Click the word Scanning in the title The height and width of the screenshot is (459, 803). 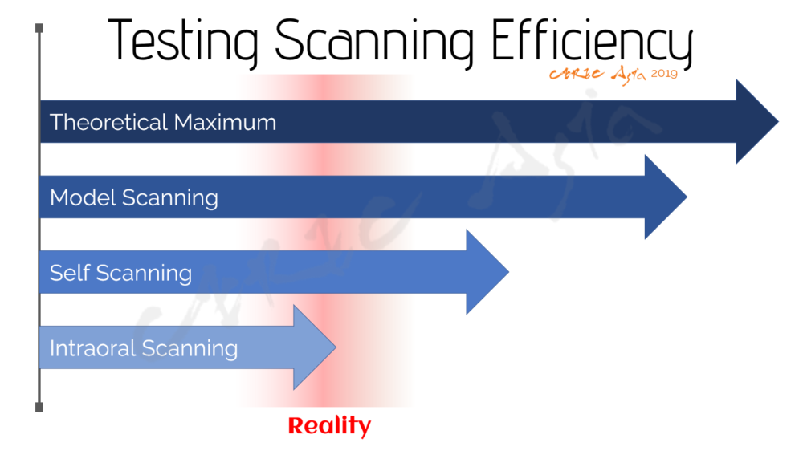[x=374, y=42]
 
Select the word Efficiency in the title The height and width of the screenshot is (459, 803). [x=592, y=42]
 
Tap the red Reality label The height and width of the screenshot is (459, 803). [x=329, y=426]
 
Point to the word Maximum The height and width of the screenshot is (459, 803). [x=225, y=122]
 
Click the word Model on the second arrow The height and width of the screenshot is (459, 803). [x=83, y=197]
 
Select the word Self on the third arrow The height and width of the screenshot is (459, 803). [x=70, y=273]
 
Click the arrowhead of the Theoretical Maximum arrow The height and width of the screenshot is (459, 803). [x=757, y=122]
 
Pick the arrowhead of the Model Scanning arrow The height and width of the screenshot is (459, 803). [x=666, y=197]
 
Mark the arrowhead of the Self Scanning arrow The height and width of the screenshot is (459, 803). [x=487, y=272]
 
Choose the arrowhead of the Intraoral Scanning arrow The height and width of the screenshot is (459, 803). [x=315, y=347]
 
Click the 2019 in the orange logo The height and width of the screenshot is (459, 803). [x=664, y=74]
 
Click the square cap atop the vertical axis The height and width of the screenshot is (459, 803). [x=39, y=27]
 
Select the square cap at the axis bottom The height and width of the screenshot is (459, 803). [x=39, y=408]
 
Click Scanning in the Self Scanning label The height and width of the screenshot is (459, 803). [x=144, y=274]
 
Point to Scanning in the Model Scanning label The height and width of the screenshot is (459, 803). [x=170, y=198]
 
